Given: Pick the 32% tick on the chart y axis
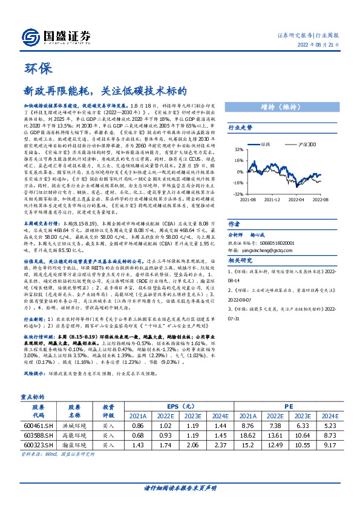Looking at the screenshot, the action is click(x=238, y=149).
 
